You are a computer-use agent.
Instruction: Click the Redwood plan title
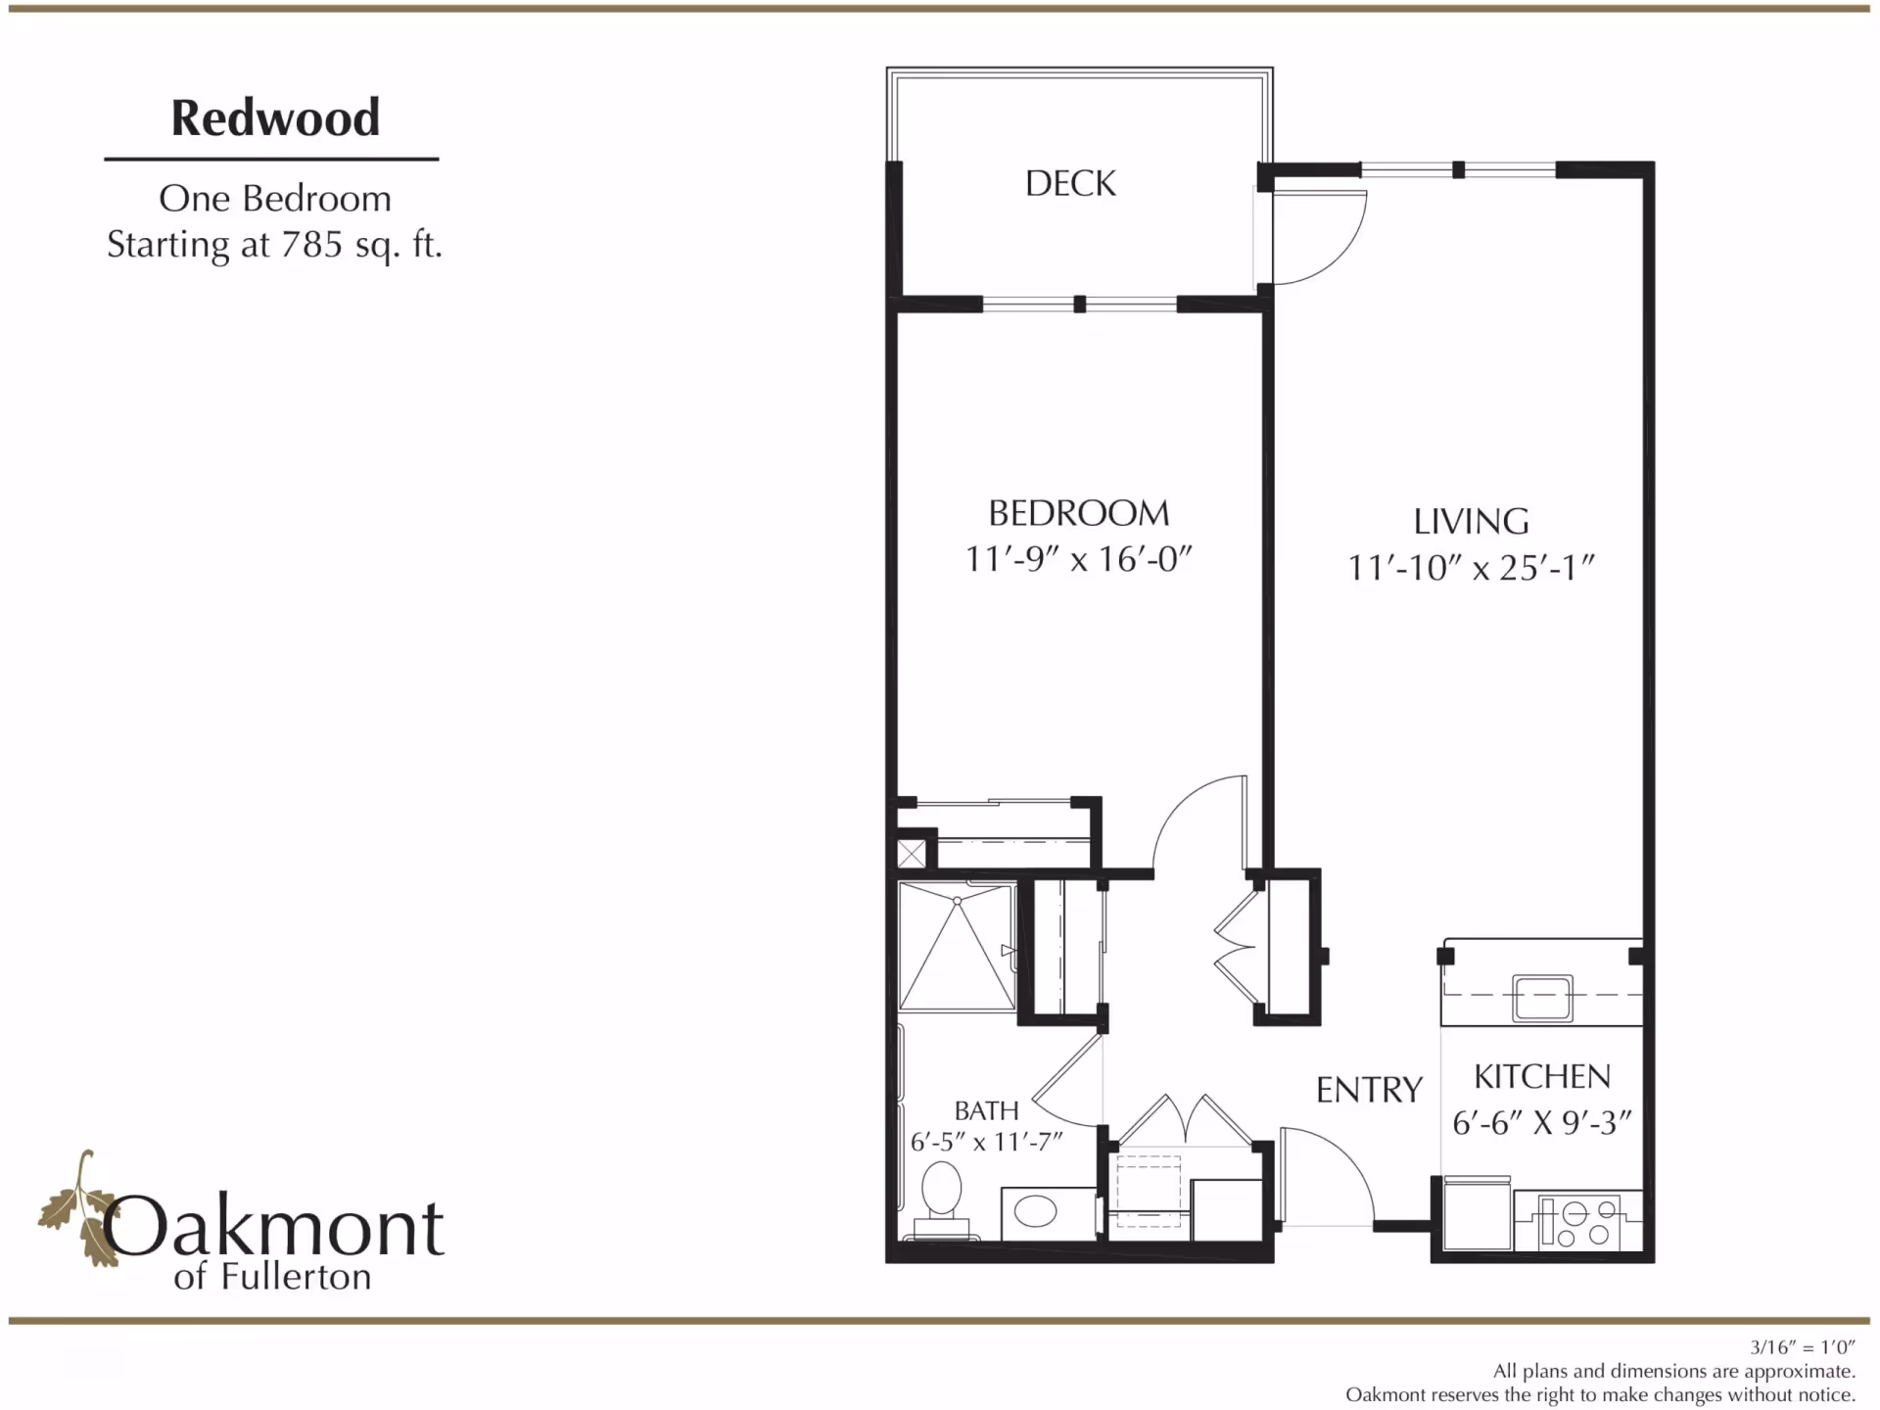(275, 117)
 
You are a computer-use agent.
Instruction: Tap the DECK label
(1070, 183)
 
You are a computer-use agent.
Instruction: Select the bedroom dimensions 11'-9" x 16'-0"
(1078, 559)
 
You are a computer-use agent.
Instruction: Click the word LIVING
(1471, 521)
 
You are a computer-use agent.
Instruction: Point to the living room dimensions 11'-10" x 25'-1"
(1471, 568)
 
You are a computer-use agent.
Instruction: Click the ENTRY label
(1369, 1090)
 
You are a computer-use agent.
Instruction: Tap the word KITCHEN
(1542, 1077)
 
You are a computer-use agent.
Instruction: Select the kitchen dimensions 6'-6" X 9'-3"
(1542, 1122)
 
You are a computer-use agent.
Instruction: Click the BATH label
(986, 1110)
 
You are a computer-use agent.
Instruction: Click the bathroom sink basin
(1036, 1212)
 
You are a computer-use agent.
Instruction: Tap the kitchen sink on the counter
(1542, 997)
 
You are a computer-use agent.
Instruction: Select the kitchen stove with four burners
(1579, 1222)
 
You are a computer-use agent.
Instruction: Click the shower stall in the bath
(957, 947)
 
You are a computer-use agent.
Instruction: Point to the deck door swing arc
(1322, 240)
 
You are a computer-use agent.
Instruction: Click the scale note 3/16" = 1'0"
(1802, 1348)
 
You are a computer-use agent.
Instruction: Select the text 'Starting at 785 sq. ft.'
(274, 244)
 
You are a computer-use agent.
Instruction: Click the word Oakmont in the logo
(274, 1227)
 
